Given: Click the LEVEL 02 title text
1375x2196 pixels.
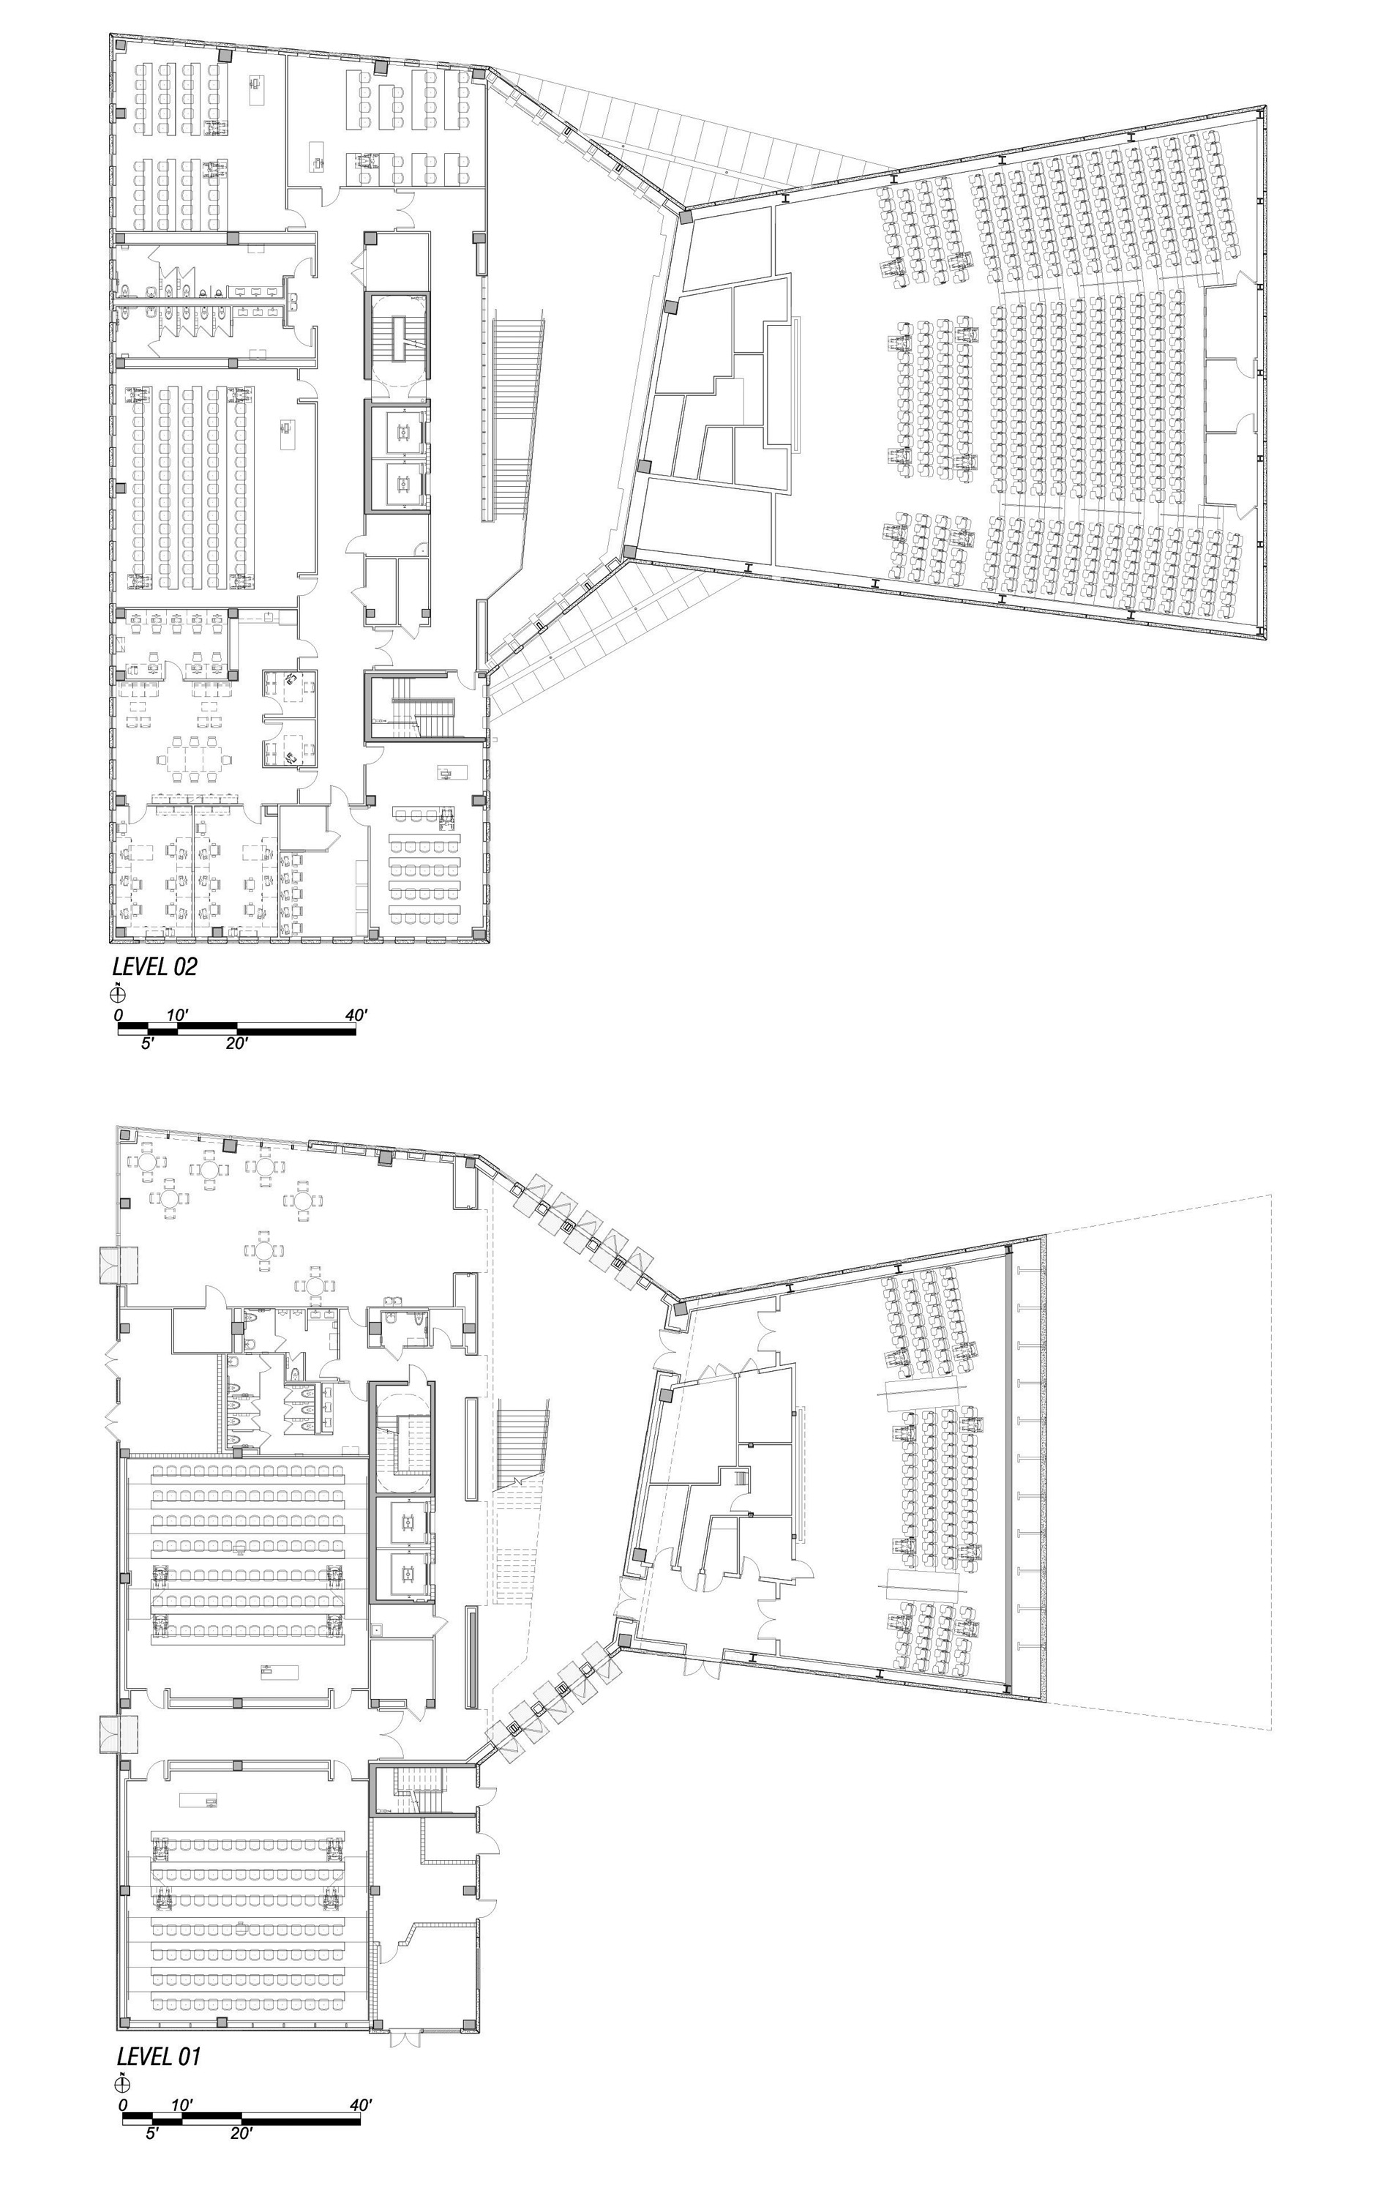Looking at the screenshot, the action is point(154,966).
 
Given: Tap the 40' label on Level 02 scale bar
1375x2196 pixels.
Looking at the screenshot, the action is point(356,1015).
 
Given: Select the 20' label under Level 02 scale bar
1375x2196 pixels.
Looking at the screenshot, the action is point(236,1043).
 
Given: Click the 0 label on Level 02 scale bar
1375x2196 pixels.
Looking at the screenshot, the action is point(119,1015).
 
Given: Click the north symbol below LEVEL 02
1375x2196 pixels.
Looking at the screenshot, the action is point(119,993).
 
